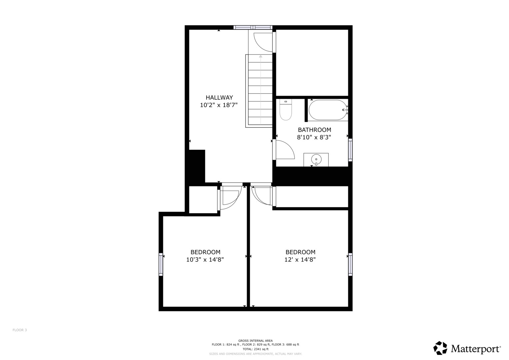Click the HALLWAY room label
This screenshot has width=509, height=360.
click(219, 98)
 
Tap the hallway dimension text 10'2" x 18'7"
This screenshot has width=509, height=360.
click(219, 105)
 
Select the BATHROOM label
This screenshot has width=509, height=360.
click(314, 130)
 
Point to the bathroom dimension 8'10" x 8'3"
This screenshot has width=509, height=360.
click(314, 137)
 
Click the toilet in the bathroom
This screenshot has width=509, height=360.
click(286, 110)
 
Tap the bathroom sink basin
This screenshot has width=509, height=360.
click(316, 160)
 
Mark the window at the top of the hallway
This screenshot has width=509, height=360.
click(253, 27)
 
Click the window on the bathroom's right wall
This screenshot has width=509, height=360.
click(350, 150)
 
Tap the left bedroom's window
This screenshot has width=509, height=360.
click(161, 264)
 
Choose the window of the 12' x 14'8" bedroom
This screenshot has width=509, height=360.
click(350, 264)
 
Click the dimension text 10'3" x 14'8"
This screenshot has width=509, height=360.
click(205, 260)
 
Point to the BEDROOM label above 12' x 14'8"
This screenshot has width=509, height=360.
click(300, 252)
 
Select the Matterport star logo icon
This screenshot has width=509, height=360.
click(440, 348)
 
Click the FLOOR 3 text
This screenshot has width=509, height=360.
click(20, 330)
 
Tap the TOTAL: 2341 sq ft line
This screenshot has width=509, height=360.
click(255, 349)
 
